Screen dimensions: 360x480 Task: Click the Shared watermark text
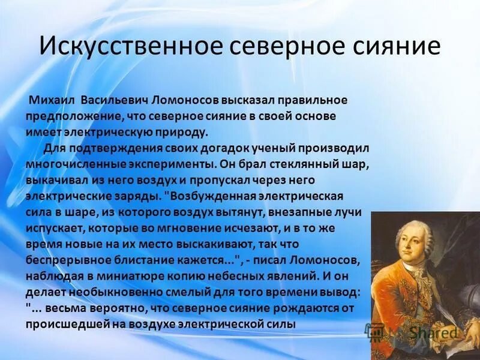427,332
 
